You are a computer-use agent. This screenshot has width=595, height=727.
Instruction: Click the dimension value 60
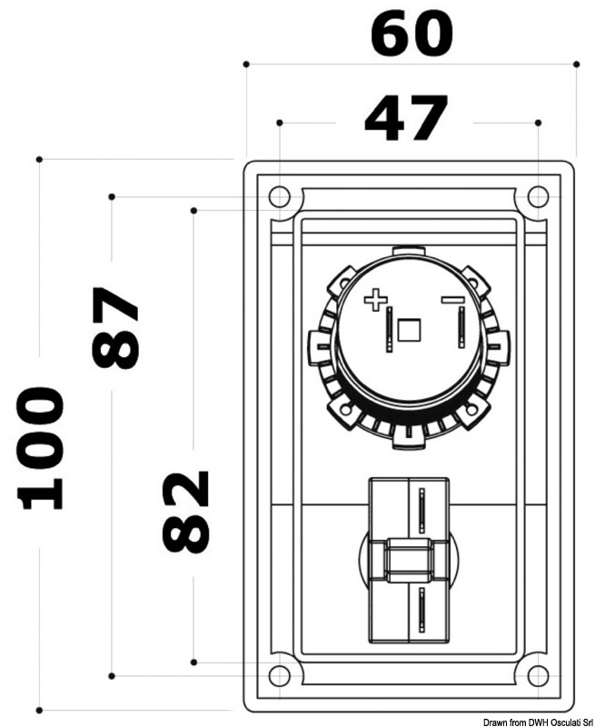(411, 35)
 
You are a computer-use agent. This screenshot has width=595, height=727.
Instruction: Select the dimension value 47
(405, 119)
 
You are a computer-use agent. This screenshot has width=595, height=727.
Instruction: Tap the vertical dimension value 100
(42, 447)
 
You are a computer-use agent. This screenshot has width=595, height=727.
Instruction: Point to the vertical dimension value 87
(115, 327)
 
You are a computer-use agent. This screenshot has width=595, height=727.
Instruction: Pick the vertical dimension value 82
(186, 512)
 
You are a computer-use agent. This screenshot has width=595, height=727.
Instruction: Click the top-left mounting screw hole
(280, 196)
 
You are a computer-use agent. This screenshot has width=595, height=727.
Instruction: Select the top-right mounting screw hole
(538, 196)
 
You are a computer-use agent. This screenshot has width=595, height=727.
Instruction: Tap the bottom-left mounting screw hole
(280, 675)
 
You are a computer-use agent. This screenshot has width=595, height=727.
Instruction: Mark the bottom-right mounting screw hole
(538, 675)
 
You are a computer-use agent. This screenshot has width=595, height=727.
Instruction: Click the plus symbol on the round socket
(374, 301)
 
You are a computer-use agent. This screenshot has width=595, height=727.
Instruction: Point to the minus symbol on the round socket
(451, 300)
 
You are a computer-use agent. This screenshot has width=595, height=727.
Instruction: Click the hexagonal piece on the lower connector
(408, 560)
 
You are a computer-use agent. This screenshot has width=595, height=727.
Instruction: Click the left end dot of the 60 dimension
(246, 64)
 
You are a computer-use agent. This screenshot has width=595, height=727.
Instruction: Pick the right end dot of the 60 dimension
(577, 64)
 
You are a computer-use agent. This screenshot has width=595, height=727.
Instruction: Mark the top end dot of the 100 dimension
(39, 159)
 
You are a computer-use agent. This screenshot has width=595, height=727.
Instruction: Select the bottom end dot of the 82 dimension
(194, 662)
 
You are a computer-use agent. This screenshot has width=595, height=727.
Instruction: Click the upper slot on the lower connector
(421, 512)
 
